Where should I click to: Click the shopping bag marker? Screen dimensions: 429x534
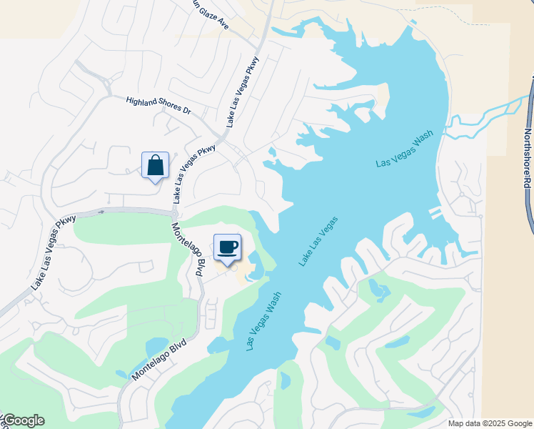click(156, 166)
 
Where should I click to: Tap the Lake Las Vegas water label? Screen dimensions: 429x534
click(318, 242)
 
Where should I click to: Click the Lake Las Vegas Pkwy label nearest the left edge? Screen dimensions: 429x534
click(54, 252)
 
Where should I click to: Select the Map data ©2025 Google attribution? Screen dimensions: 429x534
click(490, 423)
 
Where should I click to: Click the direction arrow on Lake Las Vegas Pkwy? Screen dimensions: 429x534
click(101, 212)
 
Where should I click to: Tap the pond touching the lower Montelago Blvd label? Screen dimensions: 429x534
click(156, 347)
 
